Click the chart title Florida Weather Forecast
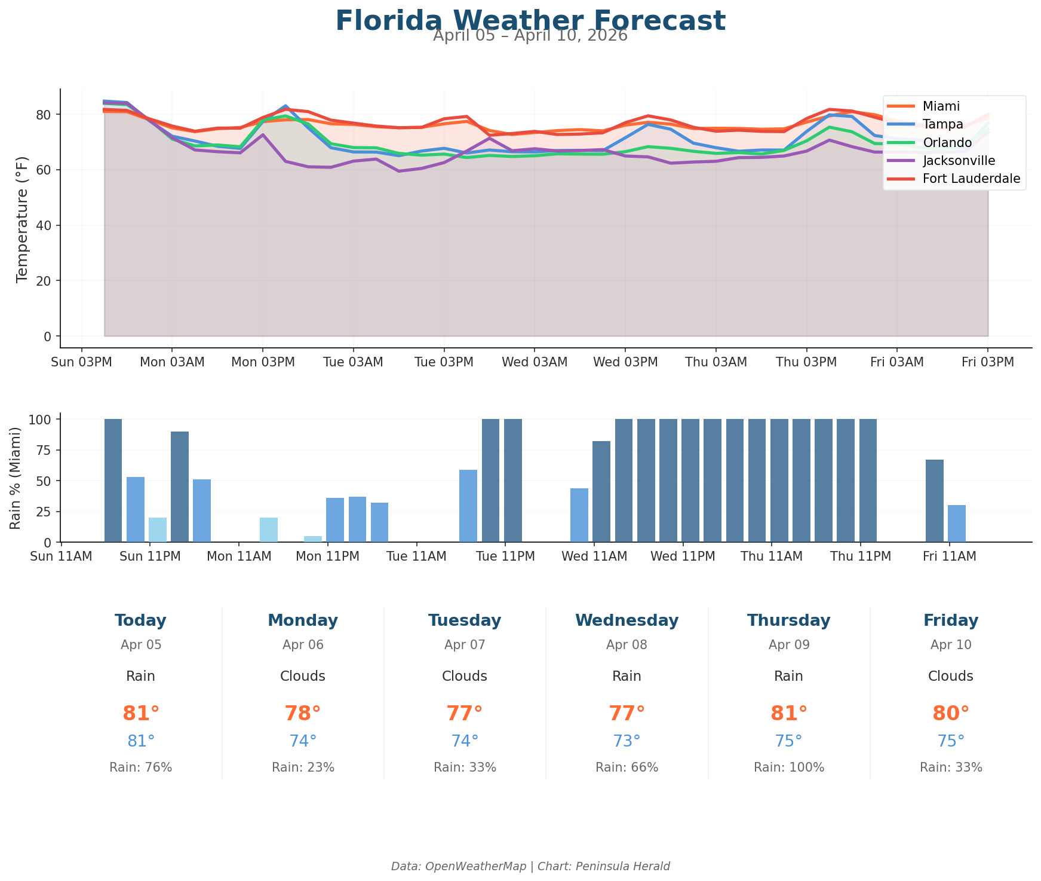coord(530,21)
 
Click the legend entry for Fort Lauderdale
coord(971,179)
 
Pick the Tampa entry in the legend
coord(942,124)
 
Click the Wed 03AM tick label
coord(534,362)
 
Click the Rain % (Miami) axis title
coord(16,478)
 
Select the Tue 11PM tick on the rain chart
coord(505,556)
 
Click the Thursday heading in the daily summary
coord(788,620)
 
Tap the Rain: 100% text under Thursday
coord(788,767)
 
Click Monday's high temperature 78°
coord(302,714)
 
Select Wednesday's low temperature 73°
coord(627,741)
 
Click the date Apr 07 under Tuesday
coord(465,645)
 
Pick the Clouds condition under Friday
coord(950,677)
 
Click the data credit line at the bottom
coord(530,866)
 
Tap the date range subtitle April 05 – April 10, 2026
coord(530,36)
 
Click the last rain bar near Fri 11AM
coord(956,524)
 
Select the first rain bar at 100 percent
coord(113,481)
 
